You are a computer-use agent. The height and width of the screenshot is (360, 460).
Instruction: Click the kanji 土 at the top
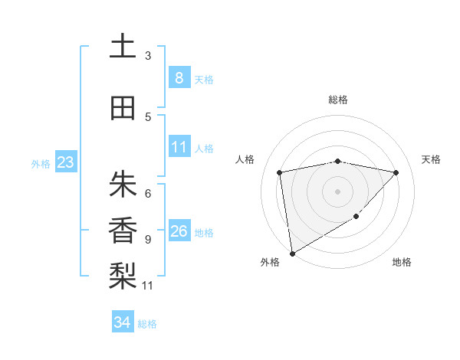tap(122, 47)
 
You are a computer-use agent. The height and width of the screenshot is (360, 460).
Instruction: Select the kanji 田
tap(122, 108)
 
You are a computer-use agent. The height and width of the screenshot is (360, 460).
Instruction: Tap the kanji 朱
tap(122, 184)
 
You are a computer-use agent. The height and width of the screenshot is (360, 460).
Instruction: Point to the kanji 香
tap(122, 229)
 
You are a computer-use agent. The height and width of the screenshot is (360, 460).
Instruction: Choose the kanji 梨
tap(122, 274)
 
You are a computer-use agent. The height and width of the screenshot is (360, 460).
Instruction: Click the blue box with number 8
tap(179, 77)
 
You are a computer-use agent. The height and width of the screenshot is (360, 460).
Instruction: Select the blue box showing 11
tap(179, 147)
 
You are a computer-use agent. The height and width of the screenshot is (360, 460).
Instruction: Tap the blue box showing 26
tap(179, 231)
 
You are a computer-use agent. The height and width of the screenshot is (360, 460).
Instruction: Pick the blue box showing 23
tap(65, 162)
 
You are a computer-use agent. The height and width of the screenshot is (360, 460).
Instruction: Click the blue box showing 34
tap(122, 322)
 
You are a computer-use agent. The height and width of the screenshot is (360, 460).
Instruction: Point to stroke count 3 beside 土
tap(148, 56)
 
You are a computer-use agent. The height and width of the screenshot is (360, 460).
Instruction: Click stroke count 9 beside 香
tap(148, 240)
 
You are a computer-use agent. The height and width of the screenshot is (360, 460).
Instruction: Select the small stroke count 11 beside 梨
tap(148, 286)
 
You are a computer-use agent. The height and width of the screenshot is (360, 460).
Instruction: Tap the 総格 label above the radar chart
tap(338, 100)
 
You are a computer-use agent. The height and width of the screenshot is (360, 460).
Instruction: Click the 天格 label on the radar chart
tap(432, 159)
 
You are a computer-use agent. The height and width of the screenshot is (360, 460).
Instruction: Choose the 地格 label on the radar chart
tap(402, 262)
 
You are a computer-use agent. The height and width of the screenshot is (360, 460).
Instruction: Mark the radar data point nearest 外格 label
tap(291, 253)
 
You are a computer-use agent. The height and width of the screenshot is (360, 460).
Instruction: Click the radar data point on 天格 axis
tap(396, 172)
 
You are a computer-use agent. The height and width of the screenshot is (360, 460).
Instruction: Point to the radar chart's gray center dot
tap(338, 191)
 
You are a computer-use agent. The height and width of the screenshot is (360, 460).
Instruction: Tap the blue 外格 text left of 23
tap(41, 163)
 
